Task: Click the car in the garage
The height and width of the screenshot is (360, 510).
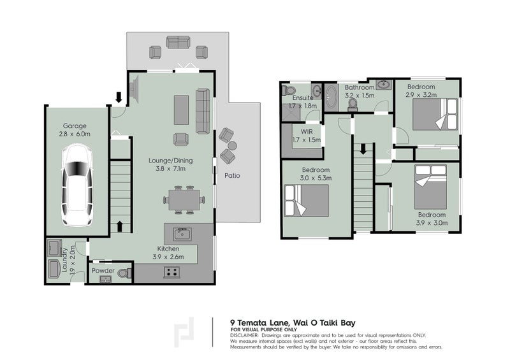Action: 76,185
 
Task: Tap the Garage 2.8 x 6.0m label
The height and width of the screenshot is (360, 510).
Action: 75,130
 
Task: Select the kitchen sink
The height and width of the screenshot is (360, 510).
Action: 182,234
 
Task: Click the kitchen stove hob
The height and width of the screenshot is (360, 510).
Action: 171,272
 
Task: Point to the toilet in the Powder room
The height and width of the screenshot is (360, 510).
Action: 124,273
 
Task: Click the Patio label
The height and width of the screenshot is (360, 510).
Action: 232,176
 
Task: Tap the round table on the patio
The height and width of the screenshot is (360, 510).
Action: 232,145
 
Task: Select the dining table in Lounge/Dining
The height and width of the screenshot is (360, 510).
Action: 184,199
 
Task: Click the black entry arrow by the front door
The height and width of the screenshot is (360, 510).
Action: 119,97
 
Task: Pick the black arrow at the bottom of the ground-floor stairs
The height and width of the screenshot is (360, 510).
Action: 119,226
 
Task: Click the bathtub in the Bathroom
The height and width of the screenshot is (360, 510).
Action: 331,98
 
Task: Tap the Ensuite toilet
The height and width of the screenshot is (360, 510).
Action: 289,90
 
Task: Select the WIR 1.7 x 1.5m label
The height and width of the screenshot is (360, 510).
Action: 307,136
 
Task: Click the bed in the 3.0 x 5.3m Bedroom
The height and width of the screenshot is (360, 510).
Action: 307,200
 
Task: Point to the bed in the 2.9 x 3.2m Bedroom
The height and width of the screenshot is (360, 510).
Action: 435,114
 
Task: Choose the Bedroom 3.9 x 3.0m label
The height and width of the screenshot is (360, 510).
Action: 432,219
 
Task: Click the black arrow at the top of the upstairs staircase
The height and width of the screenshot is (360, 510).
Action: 363,149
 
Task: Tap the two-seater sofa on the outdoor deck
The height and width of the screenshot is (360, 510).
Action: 178,42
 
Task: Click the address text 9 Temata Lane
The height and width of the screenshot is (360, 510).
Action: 259,323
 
